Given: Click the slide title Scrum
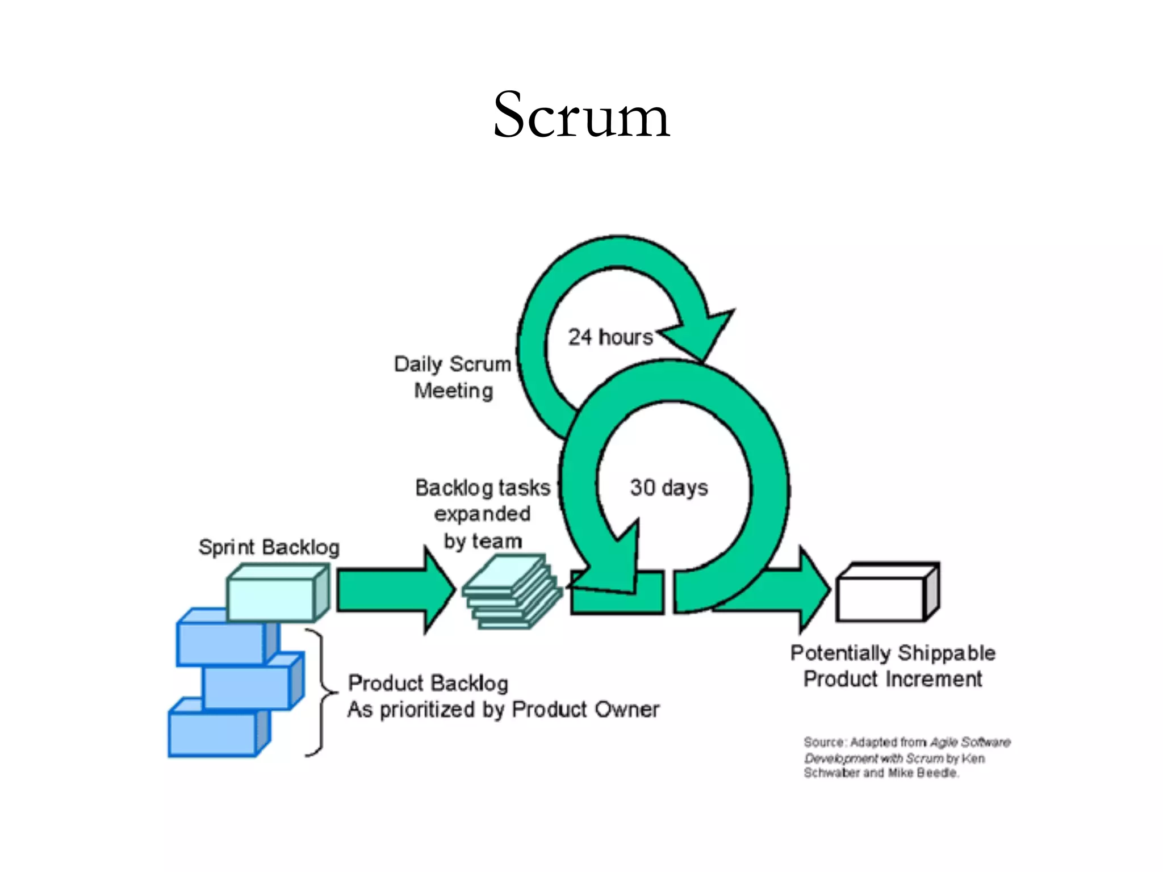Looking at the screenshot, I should (x=581, y=115).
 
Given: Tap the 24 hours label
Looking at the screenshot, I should (x=610, y=337).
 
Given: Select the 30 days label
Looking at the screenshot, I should (x=669, y=488).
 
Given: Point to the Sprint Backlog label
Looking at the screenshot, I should (x=269, y=547).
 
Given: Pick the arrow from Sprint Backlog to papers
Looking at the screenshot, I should (x=392, y=590).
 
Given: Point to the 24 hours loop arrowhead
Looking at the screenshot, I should (x=701, y=335).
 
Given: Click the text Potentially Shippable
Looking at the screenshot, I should (x=893, y=653).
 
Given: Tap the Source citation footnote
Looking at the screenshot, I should (x=906, y=757).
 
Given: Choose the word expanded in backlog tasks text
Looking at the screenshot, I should (x=482, y=514).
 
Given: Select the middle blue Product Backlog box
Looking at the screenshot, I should (x=246, y=688).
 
